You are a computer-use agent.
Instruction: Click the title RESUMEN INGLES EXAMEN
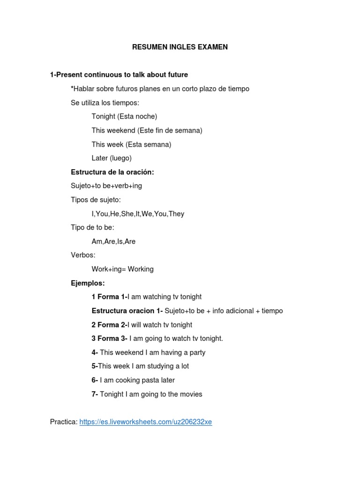(x=180, y=47)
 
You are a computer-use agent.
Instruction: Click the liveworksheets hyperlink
(x=146, y=422)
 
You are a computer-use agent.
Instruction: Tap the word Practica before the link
(x=64, y=422)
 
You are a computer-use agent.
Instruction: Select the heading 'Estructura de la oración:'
(x=112, y=172)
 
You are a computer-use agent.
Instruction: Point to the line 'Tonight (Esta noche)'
(x=124, y=116)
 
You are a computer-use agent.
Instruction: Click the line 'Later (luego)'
(x=112, y=158)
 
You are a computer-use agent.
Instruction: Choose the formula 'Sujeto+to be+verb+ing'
(x=106, y=186)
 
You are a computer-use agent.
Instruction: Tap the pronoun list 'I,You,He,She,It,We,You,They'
(x=138, y=214)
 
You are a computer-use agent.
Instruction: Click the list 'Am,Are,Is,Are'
(x=113, y=241)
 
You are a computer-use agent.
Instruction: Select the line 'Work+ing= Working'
(x=122, y=269)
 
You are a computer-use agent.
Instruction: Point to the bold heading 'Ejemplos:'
(x=88, y=283)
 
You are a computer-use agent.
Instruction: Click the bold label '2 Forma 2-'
(x=109, y=324)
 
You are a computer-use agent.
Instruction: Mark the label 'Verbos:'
(x=83, y=255)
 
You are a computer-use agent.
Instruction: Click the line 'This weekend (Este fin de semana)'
(x=147, y=130)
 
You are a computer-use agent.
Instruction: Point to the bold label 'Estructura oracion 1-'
(x=127, y=311)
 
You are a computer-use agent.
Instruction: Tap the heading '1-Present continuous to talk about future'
(x=119, y=75)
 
